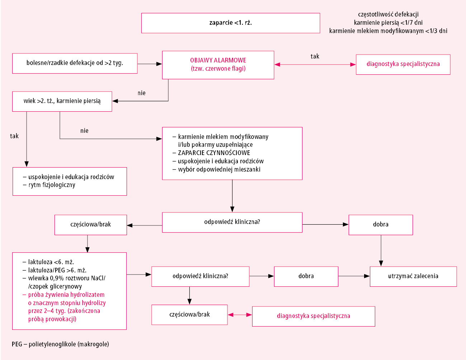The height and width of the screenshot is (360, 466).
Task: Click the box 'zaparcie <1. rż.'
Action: tap(231, 23)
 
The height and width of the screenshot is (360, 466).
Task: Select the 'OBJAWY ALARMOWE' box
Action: tap(218, 65)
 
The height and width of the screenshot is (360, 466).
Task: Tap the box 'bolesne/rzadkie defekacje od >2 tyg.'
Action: tap(75, 63)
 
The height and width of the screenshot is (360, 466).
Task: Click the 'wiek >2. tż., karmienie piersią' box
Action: tap(62, 102)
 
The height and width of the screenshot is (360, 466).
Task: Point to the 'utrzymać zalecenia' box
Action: tap(413, 276)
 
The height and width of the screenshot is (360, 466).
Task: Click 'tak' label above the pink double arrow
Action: tap(315, 56)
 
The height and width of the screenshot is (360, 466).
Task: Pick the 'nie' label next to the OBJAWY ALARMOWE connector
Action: tap(142, 93)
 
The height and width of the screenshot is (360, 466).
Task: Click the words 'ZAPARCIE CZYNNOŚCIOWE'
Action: tap(214, 153)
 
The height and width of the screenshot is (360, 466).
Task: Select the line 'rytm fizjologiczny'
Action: tap(52, 185)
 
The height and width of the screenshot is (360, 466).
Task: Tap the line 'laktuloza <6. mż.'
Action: tap(51, 262)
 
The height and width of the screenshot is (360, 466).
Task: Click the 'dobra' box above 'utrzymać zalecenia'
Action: tap(381, 225)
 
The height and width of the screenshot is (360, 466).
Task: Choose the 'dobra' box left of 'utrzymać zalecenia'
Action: tap(306, 276)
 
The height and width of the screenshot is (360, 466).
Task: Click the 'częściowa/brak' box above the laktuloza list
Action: tap(91, 225)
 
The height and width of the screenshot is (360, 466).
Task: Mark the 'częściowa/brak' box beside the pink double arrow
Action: tap(189, 315)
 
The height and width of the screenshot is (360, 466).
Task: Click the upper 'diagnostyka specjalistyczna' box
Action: tap(403, 64)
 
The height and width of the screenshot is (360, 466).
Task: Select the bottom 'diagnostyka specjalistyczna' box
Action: tap(314, 317)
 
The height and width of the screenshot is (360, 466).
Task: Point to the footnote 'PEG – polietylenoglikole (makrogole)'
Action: tap(60, 344)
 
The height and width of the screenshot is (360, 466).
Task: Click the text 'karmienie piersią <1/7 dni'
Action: tap(388, 23)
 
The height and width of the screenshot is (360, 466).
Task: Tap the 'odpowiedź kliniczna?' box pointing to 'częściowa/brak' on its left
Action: tap(232, 223)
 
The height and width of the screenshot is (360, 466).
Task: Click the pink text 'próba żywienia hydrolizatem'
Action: tap(66, 295)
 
